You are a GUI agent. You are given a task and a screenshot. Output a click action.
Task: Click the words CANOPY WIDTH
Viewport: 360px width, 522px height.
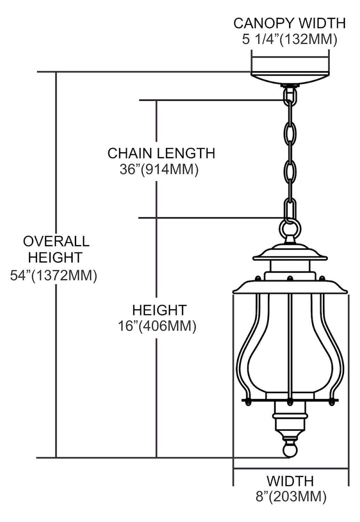pyautogui.click(x=289, y=23)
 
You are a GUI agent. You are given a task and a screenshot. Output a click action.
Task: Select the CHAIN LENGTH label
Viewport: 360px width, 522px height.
pyautogui.click(x=161, y=153)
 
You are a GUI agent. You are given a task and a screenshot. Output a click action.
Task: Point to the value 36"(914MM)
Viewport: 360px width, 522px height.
pyautogui.click(x=159, y=169)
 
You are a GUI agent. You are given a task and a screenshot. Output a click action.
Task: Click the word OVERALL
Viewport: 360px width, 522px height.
pyautogui.click(x=56, y=241)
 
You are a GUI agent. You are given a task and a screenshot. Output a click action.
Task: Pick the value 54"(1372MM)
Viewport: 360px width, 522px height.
pyautogui.click(x=54, y=276)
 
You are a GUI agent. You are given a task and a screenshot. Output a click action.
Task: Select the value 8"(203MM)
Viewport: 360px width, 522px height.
pyautogui.click(x=291, y=496)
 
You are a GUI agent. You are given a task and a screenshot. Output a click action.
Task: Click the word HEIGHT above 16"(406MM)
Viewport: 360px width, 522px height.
pyautogui.click(x=160, y=310)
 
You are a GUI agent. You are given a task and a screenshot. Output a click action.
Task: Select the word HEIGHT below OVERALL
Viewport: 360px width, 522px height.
pyautogui.click(x=55, y=258)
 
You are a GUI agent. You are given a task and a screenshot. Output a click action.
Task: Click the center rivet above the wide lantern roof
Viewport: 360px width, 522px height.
pyautogui.click(x=290, y=278)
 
